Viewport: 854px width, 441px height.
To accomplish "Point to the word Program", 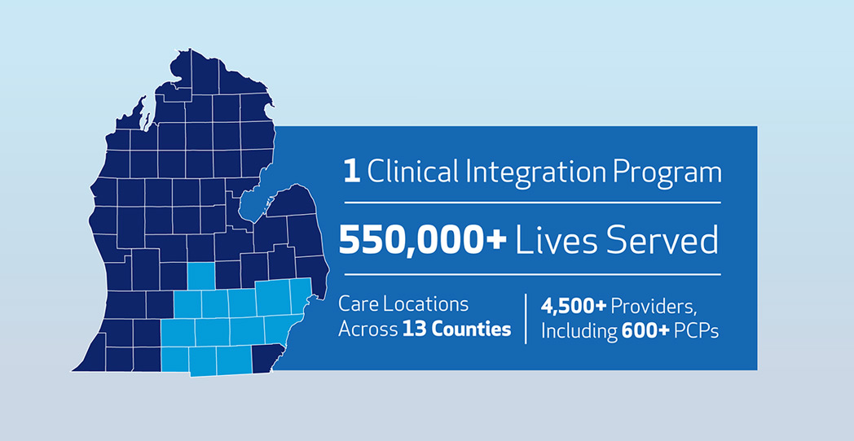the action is coord(664,174).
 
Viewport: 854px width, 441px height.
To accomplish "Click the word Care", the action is coord(357,304).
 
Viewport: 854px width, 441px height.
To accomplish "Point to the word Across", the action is coord(367,330).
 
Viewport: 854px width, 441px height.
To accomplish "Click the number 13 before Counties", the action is coord(413,330).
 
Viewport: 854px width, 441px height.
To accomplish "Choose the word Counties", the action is coord(469,330).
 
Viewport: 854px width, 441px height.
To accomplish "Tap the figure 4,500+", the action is coord(573,307).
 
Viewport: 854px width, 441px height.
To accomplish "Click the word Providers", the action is coord(654,307).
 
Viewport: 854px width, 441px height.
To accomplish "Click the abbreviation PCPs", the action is coord(698,330).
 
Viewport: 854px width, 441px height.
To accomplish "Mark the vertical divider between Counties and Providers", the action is coord(525,319).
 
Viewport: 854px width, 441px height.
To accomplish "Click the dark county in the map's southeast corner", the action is coord(268,359).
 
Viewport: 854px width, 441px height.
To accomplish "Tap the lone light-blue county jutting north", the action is coord(201,277).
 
